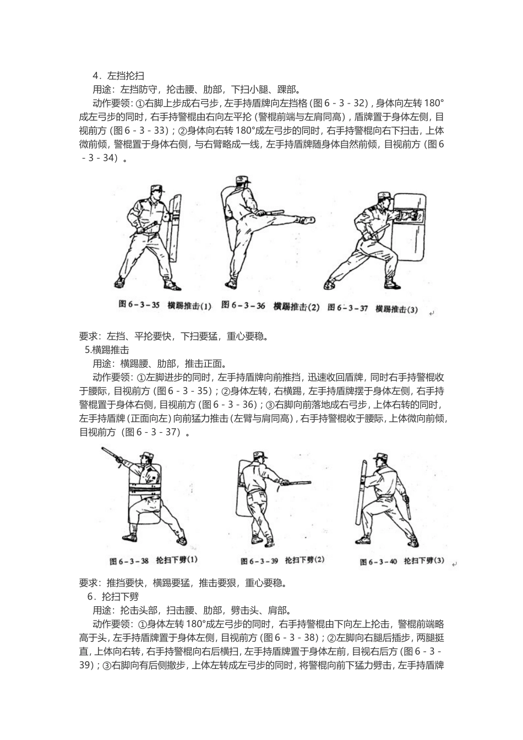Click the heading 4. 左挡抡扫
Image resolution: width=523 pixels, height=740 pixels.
[x=118, y=75]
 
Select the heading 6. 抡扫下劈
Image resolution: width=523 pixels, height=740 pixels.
[x=112, y=596]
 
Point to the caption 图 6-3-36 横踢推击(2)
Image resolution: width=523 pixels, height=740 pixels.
[x=270, y=306]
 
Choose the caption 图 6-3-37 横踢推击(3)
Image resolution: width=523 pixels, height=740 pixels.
[x=372, y=308]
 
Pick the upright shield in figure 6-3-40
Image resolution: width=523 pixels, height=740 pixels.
[x=362, y=496]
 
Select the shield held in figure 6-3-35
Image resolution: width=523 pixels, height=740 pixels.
[x=175, y=226]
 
